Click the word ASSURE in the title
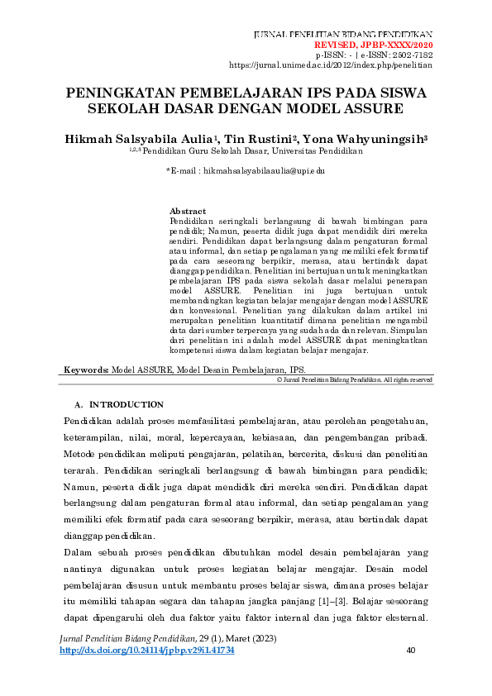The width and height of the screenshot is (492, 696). (373, 109)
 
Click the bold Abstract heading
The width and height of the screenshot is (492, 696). (188, 212)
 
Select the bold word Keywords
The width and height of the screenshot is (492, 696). (86, 371)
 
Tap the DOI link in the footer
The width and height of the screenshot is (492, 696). (147, 651)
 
